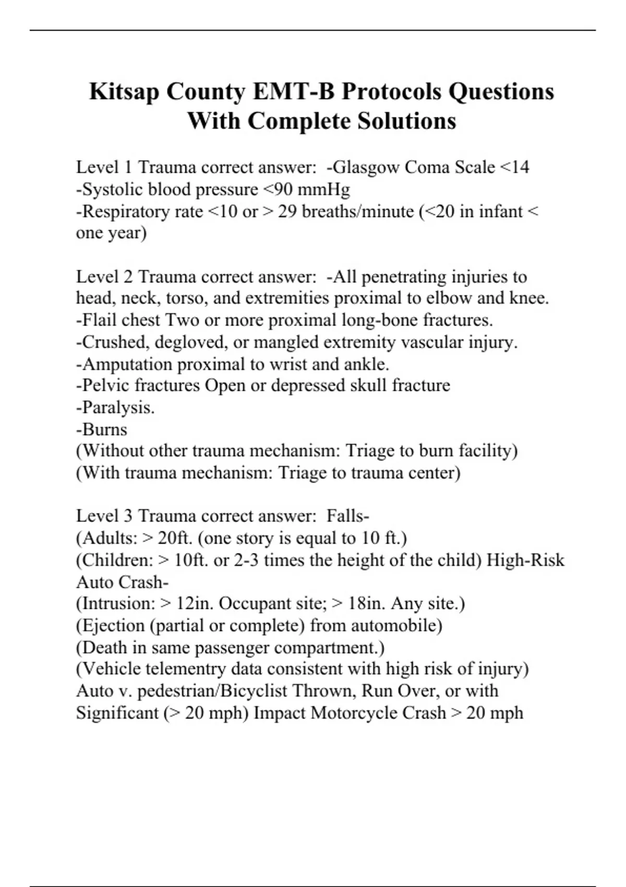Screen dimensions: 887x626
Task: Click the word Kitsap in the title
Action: click(x=124, y=92)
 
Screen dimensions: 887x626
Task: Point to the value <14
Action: click(x=514, y=167)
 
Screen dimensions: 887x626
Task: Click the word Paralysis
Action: click(x=115, y=407)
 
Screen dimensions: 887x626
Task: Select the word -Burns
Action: click(x=102, y=429)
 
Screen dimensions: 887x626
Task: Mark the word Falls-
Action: click(x=348, y=516)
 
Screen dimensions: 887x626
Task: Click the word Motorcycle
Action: click(x=378, y=713)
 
